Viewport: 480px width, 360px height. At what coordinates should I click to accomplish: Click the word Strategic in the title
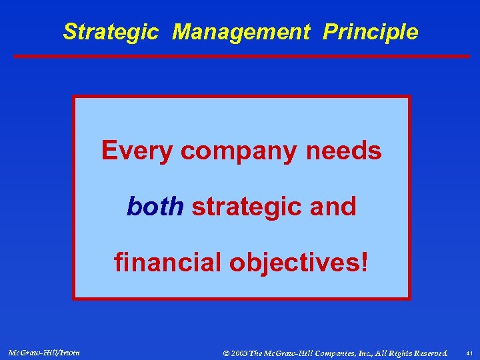coord(111,32)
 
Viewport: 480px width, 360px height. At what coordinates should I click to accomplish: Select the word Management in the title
coord(241,32)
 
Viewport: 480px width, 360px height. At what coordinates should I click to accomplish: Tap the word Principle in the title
coord(371,32)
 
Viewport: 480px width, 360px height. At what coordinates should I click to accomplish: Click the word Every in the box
coord(137,151)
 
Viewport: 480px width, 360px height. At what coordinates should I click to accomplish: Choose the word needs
coord(344,151)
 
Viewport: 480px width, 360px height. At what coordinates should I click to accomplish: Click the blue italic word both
coord(155,207)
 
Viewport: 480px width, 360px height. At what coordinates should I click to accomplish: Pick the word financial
coord(169,263)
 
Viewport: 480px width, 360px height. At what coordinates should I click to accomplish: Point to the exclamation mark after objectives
coord(363,263)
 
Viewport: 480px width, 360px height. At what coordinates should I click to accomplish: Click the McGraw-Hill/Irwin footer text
coord(44,351)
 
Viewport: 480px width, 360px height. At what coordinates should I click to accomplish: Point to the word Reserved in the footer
coord(427,351)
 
